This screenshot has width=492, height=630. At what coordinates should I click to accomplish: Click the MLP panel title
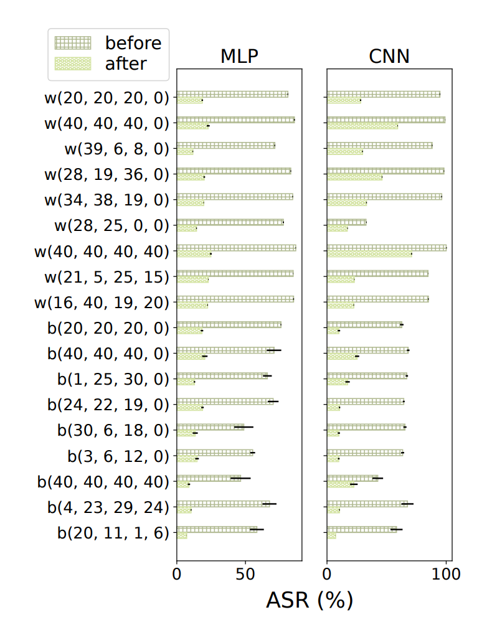[x=239, y=57]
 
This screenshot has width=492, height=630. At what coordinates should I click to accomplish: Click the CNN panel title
[x=389, y=57]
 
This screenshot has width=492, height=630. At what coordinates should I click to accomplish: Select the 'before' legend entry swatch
[x=73, y=43]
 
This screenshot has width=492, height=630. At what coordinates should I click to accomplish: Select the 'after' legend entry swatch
[x=73, y=63]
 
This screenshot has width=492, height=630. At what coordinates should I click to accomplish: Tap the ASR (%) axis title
[x=310, y=600]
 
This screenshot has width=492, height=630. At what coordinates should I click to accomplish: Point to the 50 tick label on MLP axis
[x=245, y=574]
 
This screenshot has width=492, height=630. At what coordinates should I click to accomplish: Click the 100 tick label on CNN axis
[x=446, y=574]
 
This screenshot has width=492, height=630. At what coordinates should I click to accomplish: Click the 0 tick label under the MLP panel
[x=177, y=574]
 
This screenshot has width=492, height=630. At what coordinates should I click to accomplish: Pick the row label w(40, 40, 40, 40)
[x=102, y=251]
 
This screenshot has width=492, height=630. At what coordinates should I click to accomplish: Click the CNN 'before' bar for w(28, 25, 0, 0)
[x=347, y=222]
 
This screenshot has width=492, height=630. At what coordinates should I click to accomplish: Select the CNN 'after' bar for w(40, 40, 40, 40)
[x=369, y=254]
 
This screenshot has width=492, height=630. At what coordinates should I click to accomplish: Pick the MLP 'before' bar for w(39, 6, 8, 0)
[x=226, y=146]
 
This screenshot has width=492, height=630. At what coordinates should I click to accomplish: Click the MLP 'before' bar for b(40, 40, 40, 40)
[x=209, y=478]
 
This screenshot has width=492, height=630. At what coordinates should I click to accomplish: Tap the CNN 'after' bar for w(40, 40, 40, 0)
[x=362, y=126]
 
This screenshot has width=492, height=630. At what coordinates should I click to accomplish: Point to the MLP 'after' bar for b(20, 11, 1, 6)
[x=182, y=535]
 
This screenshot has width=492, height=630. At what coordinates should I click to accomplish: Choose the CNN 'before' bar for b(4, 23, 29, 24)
[x=367, y=504]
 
